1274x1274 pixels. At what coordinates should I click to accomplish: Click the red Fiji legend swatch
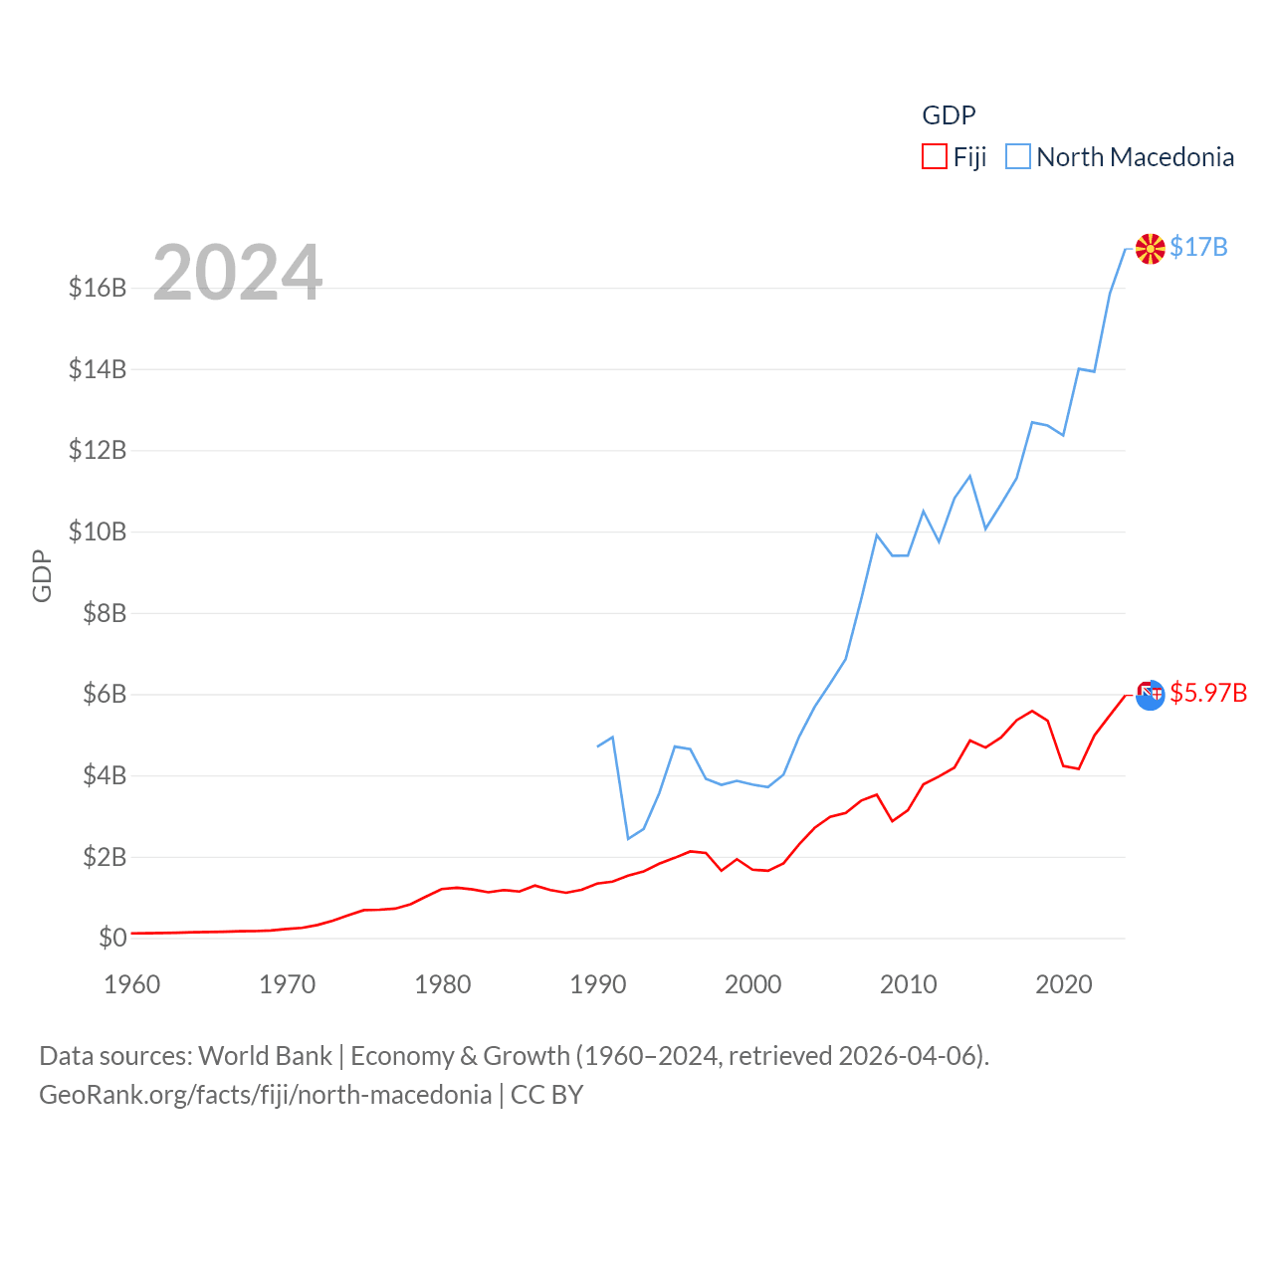(x=934, y=157)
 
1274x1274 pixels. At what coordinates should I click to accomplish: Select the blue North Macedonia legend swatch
(x=1017, y=157)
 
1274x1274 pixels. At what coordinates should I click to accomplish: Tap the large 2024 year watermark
(x=237, y=273)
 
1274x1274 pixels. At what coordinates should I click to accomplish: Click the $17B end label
(x=1198, y=247)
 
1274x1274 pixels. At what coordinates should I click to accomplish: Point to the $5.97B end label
(x=1208, y=693)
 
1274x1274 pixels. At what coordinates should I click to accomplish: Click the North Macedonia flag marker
(x=1151, y=249)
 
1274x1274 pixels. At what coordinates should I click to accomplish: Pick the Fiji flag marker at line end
(x=1151, y=695)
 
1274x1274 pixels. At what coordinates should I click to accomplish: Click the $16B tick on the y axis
(x=98, y=288)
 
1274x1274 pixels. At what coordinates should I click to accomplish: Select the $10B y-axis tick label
(x=98, y=531)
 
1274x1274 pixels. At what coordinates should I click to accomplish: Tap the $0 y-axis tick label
(x=112, y=938)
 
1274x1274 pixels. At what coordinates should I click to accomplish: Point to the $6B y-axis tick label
(x=105, y=694)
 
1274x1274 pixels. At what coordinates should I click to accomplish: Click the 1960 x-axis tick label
(x=132, y=984)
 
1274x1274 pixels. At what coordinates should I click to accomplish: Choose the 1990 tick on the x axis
(x=598, y=984)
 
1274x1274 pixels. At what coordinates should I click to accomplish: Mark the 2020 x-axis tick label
(x=1064, y=984)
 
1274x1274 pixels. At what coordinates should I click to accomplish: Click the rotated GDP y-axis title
(x=42, y=575)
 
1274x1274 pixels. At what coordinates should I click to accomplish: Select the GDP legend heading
(x=949, y=115)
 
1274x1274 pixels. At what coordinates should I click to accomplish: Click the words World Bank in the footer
(x=265, y=1056)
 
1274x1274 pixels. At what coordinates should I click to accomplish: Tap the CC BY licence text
(x=546, y=1095)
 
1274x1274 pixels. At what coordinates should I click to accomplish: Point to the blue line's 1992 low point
(x=628, y=838)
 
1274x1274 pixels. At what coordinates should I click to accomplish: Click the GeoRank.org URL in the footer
(x=265, y=1095)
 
